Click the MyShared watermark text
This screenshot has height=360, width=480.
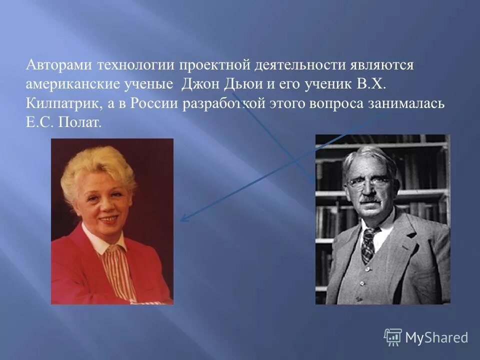pyautogui.click(x=436, y=337)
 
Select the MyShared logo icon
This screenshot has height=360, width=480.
pyautogui.click(x=392, y=337)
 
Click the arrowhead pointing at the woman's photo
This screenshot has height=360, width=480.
pyautogui.click(x=183, y=218)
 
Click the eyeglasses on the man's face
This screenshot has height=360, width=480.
pyautogui.click(x=369, y=181)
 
